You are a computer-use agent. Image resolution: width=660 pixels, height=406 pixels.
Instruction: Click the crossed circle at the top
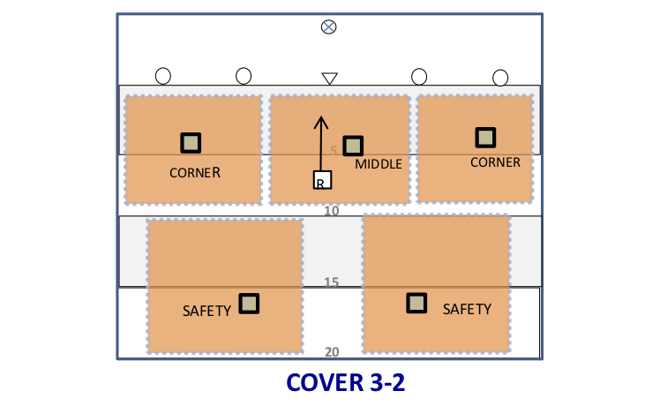[x=329, y=27]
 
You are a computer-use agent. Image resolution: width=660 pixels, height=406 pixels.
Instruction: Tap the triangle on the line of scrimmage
[x=330, y=79]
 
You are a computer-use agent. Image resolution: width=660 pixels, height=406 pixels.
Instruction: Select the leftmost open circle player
[x=163, y=76]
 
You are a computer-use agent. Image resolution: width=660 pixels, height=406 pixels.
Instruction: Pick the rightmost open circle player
[x=500, y=78]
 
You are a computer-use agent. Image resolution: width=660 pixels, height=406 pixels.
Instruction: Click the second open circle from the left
[x=244, y=76]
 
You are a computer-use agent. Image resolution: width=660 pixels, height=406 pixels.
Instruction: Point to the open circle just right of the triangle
[x=419, y=77]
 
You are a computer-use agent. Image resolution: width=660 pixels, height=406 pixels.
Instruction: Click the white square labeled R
[x=322, y=180]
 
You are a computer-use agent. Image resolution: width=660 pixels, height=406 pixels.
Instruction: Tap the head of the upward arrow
[x=321, y=117]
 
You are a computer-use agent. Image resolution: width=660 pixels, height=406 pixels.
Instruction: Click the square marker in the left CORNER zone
[x=191, y=143]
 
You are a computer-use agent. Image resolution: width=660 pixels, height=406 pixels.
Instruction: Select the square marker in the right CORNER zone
[x=486, y=138]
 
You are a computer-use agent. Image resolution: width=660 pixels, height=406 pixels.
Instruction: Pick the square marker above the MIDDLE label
[x=353, y=146]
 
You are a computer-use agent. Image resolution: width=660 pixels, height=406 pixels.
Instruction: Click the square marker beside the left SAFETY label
[x=249, y=304]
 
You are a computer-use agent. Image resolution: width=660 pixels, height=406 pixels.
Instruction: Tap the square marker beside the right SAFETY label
[x=416, y=304]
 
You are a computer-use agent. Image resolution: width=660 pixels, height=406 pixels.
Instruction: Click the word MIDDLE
[x=379, y=164]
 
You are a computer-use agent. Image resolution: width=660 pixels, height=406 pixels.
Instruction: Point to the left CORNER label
[x=195, y=173]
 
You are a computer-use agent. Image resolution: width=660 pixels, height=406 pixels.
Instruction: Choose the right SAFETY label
[x=468, y=310]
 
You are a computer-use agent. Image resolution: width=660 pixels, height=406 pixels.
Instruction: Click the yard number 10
[x=332, y=211]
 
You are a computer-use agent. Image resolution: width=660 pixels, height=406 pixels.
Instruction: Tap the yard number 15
[x=332, y=282]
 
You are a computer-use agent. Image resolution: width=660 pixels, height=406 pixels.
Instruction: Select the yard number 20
[x=332, y=351]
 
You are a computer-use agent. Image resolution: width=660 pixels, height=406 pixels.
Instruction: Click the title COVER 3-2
[x=346, y=383]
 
